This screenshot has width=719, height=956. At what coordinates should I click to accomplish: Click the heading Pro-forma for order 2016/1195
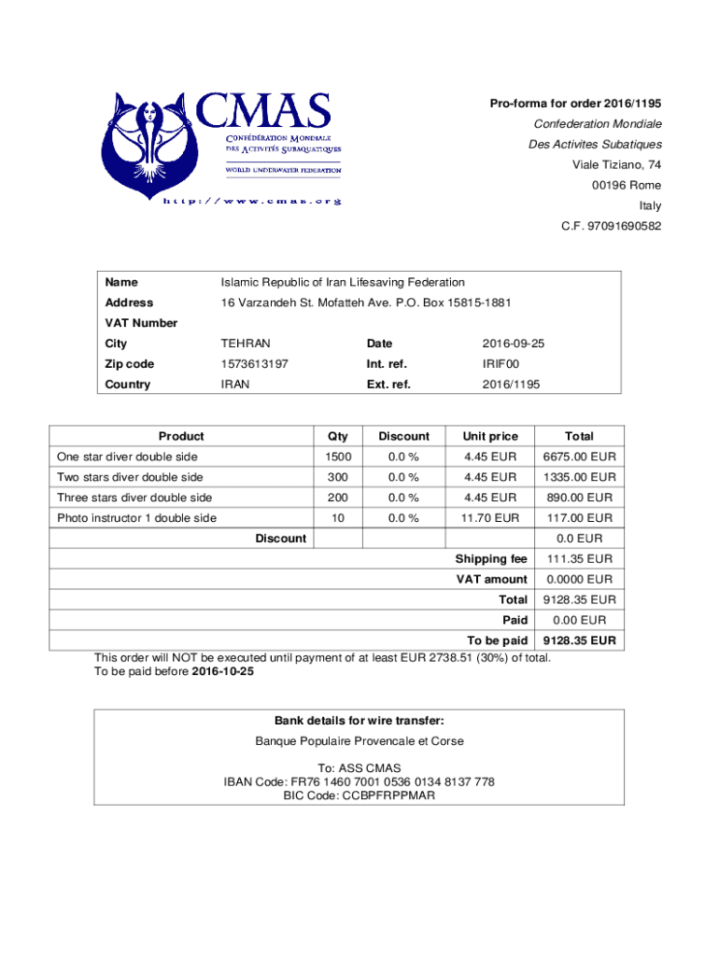tap(575, 104)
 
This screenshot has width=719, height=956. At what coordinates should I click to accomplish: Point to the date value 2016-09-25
tap(513, 344)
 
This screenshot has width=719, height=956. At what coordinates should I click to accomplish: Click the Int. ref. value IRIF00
tap(500, 364)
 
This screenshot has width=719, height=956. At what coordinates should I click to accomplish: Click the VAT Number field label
tap(141, 323)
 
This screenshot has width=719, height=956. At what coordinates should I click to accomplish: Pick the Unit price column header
tap(490, 436)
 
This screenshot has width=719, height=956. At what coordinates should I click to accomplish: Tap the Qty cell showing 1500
tap(338, 457)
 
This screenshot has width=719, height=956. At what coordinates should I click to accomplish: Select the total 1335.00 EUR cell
tap(579, 477)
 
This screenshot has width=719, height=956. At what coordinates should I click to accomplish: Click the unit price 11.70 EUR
tap(490, 518)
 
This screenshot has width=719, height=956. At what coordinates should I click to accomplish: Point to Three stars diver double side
tap(134, 498)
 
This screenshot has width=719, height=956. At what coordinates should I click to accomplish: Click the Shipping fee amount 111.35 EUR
tap(579, 559)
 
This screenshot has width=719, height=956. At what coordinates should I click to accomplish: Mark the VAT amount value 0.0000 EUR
tap(579, 580)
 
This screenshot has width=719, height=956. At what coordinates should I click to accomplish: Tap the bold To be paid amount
tap(579, 641)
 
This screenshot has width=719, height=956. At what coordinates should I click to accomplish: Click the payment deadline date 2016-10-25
tap(222, 672)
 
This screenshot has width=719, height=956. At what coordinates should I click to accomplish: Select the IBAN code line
tap(359, 782)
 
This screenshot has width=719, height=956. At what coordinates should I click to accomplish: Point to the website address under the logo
tap(252, 201)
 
